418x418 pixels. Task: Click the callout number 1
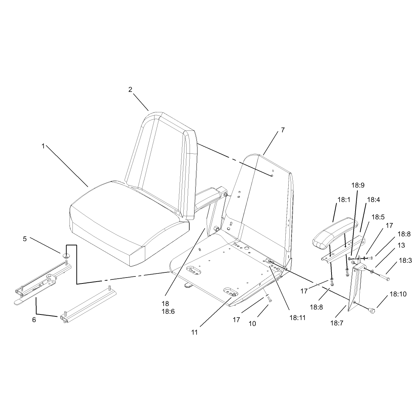(x=43, y=146)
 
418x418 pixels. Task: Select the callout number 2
(x=130, y=89)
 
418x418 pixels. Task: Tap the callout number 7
(x=283, y=130)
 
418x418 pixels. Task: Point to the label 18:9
(x=358, y=185)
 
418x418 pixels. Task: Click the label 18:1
(x=344, y=200)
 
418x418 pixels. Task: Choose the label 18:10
(x=398, y=294)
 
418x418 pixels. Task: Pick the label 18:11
(x=298, y=318)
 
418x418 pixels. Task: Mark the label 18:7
(x=337, y=323)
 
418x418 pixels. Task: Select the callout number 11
(x=195, y=332)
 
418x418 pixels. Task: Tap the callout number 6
(x=34, y=320)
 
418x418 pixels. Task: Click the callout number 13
(x=401, y=245)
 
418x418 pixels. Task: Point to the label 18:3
(x=405, y=261)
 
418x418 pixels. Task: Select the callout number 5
(x=25, y=239)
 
